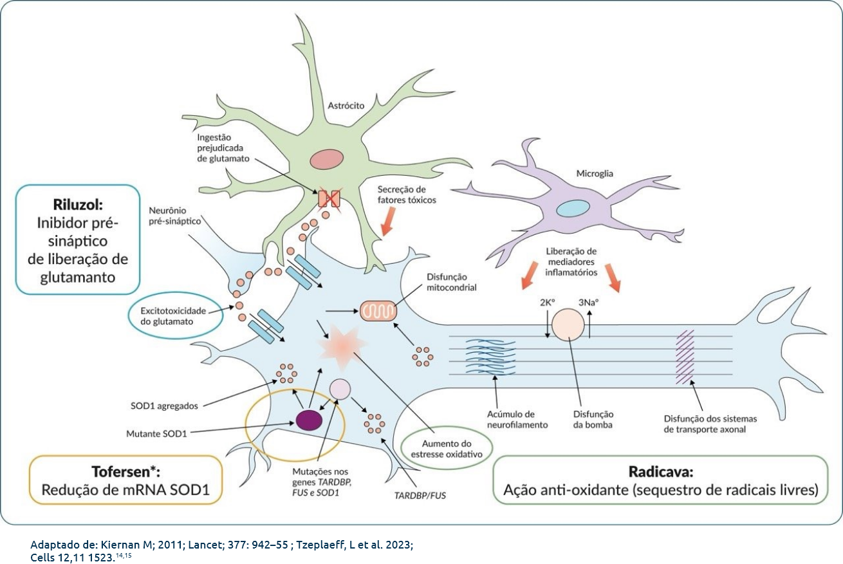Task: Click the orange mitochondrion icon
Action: (x=378, y=312)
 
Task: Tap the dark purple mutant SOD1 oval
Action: (x=310, y=419)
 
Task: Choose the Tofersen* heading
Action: (x=126, y=470)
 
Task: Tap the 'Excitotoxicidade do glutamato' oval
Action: (x=174, y=315)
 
